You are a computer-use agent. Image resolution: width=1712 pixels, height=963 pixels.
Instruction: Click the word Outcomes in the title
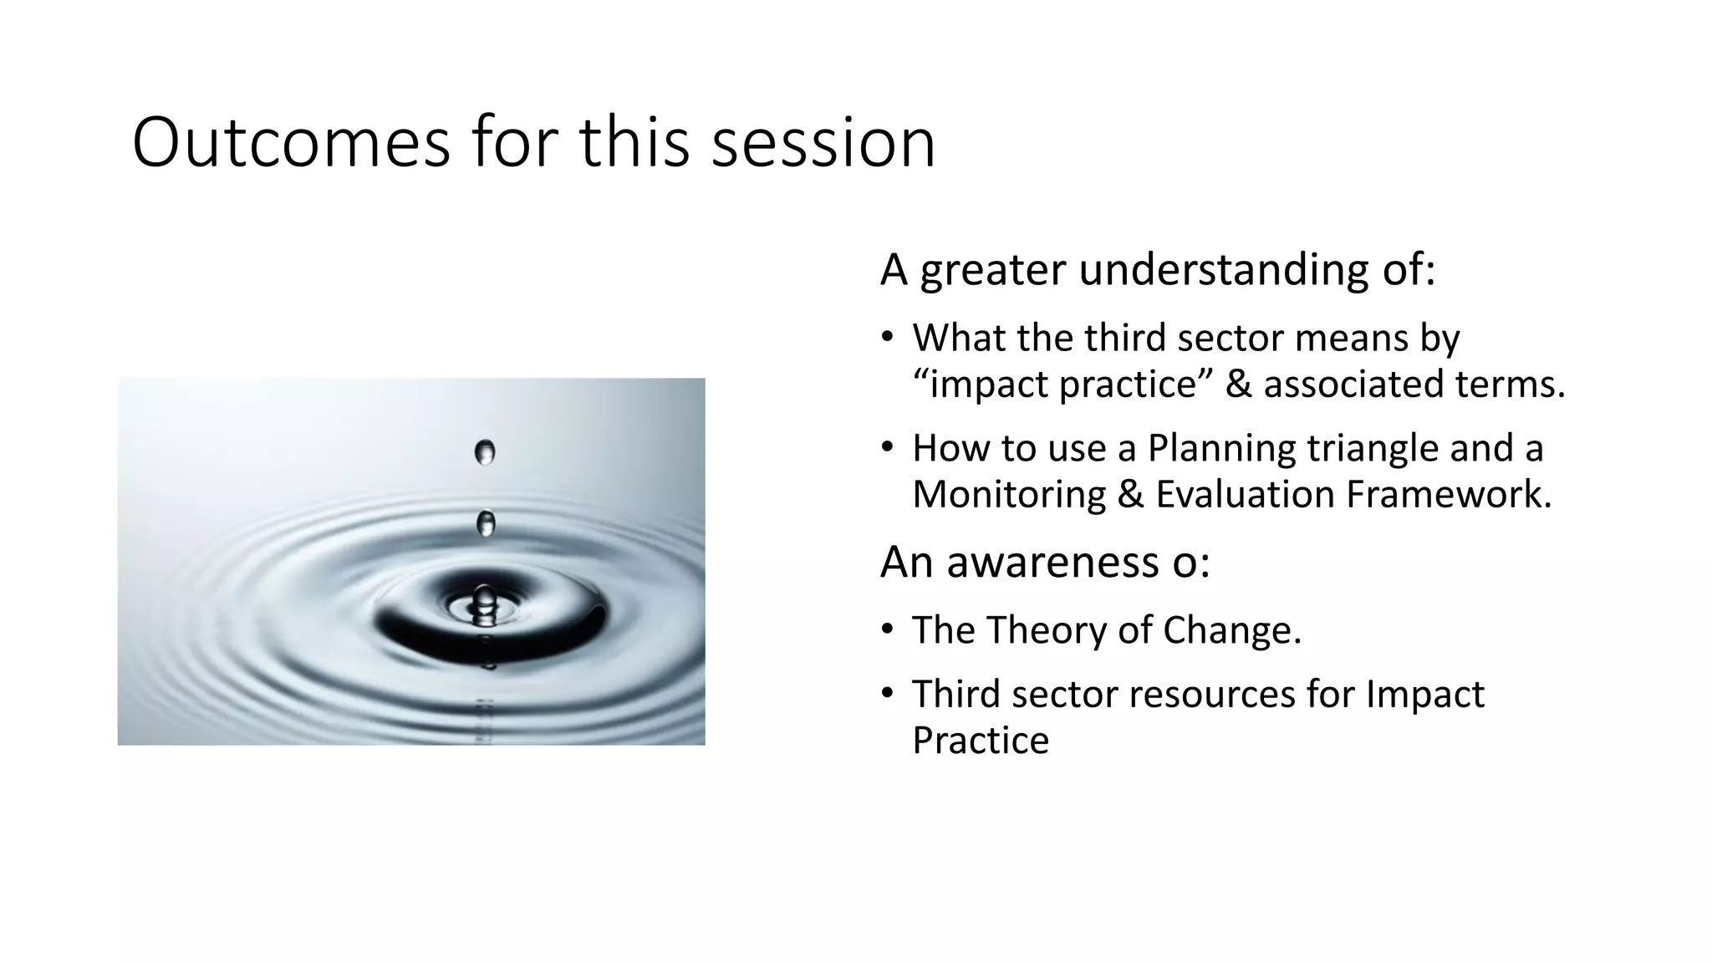(290, 143)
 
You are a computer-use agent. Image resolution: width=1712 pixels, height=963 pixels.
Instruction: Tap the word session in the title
(823, 143)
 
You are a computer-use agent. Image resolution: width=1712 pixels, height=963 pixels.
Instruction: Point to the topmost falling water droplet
(485, 452)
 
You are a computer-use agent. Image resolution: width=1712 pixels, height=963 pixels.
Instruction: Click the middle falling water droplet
(486, 524)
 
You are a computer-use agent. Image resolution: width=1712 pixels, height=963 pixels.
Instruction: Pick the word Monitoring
(1009, 494)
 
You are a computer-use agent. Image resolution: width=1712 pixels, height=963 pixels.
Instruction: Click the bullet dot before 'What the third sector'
(887, 339)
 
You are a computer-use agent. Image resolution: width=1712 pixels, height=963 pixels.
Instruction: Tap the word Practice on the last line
(980, 741)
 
